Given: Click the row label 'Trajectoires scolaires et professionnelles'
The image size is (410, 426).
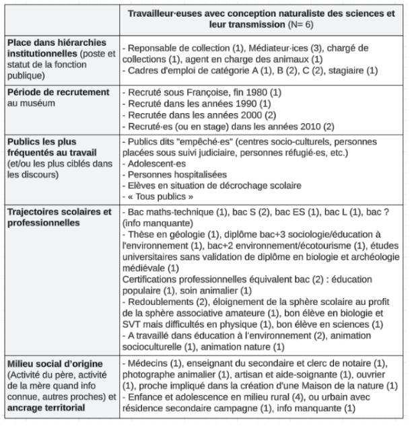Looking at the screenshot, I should point(59,217).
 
